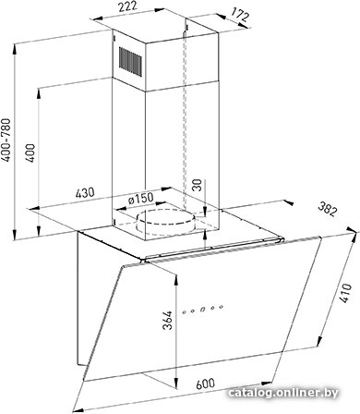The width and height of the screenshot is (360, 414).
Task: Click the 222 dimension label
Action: coord(128,7)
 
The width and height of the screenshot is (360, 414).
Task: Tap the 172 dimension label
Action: coord(239,15)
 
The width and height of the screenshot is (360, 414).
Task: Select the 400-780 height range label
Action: coord(6,140)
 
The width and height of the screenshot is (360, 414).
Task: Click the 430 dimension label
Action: coord(85,193)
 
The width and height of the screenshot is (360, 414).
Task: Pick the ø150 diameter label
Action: coord(140,198)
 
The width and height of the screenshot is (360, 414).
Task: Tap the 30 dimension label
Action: coord(198,185)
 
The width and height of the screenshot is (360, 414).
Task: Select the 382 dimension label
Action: coord(327,209)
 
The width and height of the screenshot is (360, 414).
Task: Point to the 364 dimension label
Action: coord(167,321)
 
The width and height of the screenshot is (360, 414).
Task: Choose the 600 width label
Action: coord(206,384)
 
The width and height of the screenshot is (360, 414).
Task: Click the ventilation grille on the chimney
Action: coord(130,62)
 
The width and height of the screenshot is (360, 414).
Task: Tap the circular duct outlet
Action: coord(165,221)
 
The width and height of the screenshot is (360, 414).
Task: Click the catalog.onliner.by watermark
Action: coord(283,393)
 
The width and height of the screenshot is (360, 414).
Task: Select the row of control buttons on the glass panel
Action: coord(202,309)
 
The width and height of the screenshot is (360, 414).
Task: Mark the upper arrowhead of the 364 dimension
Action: coord(176,280)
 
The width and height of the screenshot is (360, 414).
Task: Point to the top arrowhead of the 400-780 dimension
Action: coord(15,50)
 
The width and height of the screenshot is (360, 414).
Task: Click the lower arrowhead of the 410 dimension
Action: coord(319,341)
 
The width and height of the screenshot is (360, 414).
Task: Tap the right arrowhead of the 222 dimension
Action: coord(159,10)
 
